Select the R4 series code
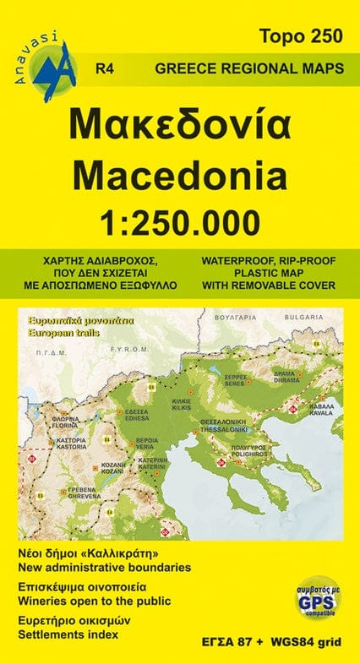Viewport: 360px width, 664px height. (x=106, y=68)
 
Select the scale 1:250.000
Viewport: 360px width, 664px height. (x=180, y=221)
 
